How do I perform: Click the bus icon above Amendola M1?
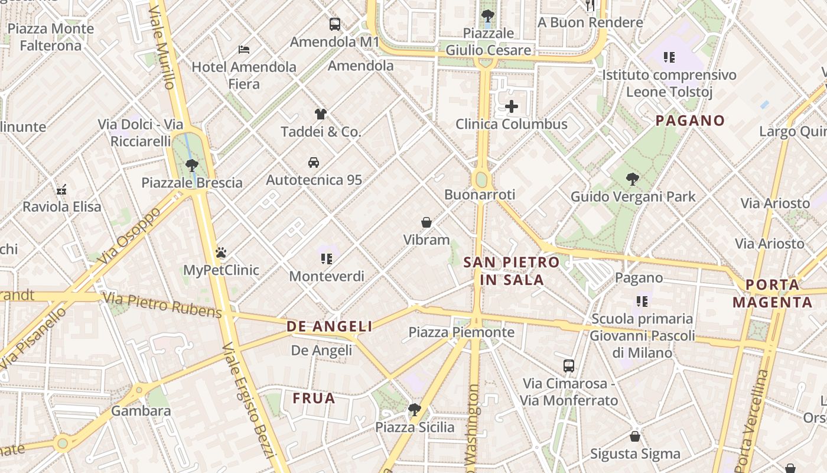coord(335,24)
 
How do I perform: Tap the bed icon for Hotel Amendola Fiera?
coord(244,49)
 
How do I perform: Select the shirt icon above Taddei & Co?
coord(321,114)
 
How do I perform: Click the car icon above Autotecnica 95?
coord(314,162)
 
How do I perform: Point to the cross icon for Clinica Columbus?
coord(512,107)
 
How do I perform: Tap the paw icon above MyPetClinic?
coord(221,253)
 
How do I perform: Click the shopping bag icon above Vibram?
coord(426,222)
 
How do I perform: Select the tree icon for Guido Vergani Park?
coord(633,179)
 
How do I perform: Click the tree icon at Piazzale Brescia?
coord(192,165)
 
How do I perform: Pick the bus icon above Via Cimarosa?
coord(569,366)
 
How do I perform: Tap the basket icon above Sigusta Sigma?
coord(635,436)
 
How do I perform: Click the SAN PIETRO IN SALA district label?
coord(512,271)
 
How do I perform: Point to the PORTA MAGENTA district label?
coord(772,293)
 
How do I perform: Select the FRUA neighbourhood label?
coord(314,399)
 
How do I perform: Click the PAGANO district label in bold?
coord(690,121)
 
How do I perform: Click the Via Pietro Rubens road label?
coord(162,304)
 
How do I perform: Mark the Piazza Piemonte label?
coord(461,332)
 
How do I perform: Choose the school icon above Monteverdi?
coord(327,258)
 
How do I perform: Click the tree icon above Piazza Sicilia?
coord(415,409)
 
